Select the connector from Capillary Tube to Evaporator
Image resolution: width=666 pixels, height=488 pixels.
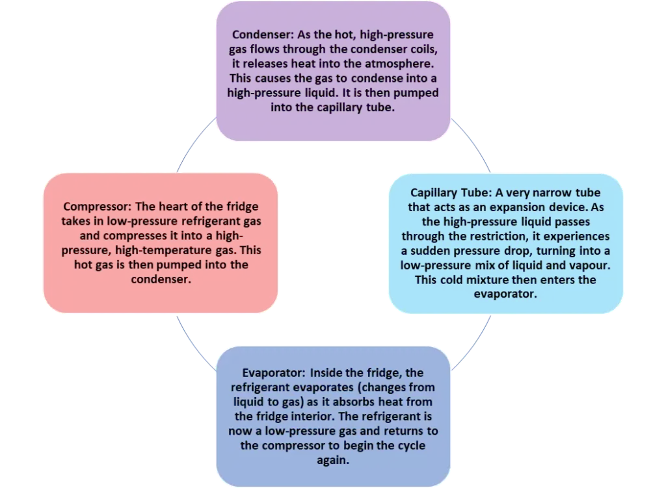(472, 343)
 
